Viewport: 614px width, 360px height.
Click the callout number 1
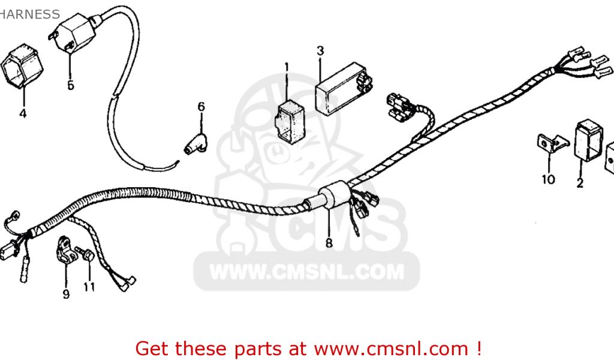287,66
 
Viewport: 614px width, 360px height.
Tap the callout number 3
320,50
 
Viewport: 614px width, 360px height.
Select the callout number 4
23,113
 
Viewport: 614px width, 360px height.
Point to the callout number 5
71,85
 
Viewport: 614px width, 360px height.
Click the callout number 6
201,107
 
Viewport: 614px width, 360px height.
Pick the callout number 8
329,243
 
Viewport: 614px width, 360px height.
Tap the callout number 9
66,294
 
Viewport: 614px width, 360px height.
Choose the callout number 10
549,179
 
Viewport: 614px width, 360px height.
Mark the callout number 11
89,287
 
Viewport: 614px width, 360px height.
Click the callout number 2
580,184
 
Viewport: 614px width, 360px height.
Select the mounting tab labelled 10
550,143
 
